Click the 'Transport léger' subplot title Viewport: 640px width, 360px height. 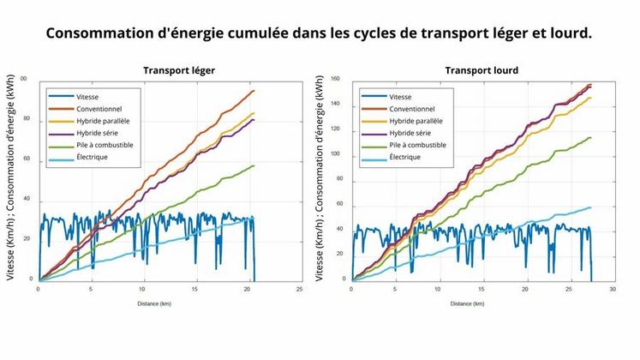click(178, 70)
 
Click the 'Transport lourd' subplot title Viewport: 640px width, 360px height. click(481, 70)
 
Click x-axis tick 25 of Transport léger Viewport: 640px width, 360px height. click(299, 289)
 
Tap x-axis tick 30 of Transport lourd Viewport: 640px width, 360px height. click(612, 289)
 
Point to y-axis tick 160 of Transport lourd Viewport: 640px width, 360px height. click(335, 79)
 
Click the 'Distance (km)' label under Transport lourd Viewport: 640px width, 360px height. click(467, 303)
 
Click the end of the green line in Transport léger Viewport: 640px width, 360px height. click(254, 165)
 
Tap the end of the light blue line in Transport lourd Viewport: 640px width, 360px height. click(591, 207)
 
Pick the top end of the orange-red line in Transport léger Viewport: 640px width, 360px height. click(254, 90)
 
